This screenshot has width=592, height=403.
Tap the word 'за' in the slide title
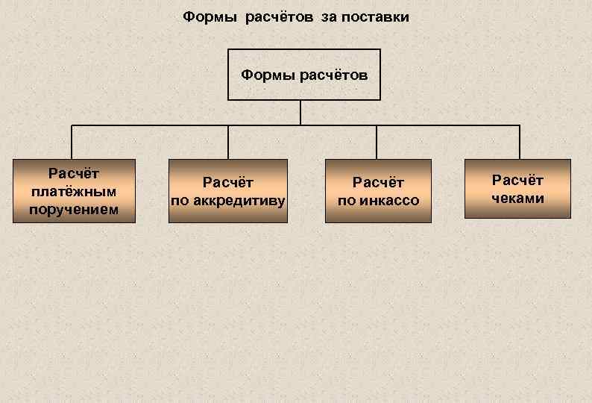pos(329,16)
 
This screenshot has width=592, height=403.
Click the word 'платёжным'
pos(73,192)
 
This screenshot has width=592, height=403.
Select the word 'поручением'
pos(73,209)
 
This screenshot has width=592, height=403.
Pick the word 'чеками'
pos(517,198)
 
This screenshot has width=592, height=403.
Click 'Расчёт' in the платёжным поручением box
pos(73,175)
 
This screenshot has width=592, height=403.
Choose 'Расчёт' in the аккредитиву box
pos(228,182)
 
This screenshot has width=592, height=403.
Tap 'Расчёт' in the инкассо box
pos(379,182)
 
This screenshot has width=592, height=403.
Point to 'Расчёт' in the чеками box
pos(517,180)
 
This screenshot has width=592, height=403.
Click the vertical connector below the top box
pos(300,112)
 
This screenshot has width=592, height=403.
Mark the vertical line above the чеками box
pos(519,142)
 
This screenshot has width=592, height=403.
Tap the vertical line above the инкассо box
pos(377,142)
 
